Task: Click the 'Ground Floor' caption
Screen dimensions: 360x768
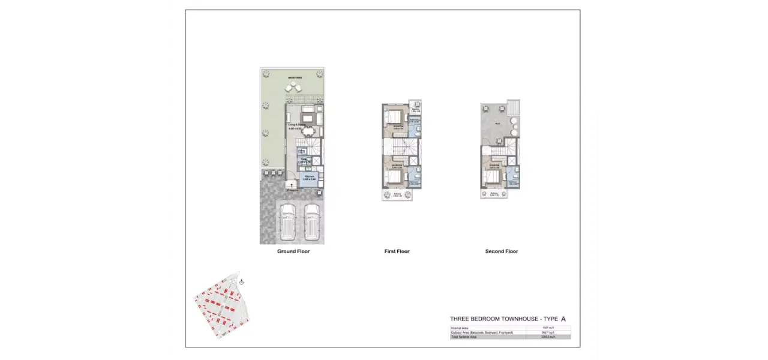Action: [293, 251]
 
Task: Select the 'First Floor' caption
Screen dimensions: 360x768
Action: [397, 251]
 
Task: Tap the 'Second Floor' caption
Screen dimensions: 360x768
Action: [502, 251]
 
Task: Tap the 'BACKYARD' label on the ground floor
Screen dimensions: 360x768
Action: [295, 77]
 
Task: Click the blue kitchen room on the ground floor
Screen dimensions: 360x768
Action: [310, 179]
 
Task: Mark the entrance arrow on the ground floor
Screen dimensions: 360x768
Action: [292, 186]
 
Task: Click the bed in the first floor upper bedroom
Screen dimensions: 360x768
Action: [392, 115]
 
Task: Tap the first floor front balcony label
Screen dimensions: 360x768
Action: [397, 194]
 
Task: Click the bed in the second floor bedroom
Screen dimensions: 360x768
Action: [493, 176]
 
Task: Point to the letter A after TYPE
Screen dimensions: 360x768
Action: [563, 319]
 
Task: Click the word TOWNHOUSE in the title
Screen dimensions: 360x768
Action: [519, 319]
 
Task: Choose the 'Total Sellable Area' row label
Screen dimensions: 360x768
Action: [464, 337]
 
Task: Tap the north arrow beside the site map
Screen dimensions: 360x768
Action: [241, 281]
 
